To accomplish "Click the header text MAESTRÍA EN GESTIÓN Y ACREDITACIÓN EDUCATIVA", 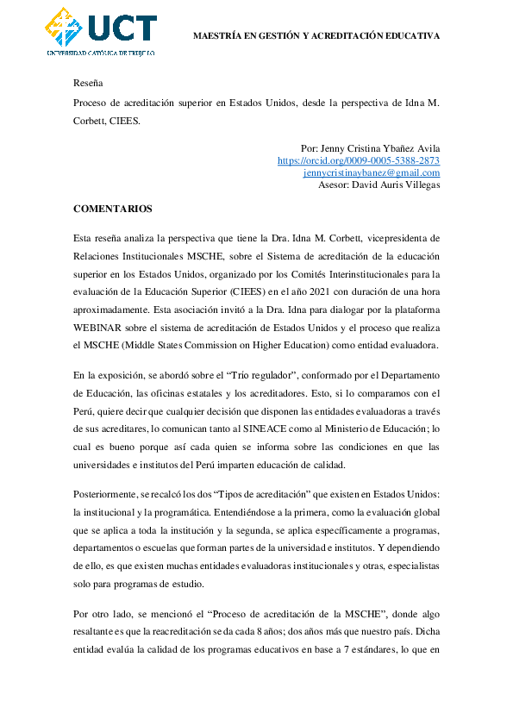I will tap(316, 36).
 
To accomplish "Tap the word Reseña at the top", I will tap(88, 84).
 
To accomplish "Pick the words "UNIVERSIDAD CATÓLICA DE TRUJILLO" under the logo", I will tap(100, 53).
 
